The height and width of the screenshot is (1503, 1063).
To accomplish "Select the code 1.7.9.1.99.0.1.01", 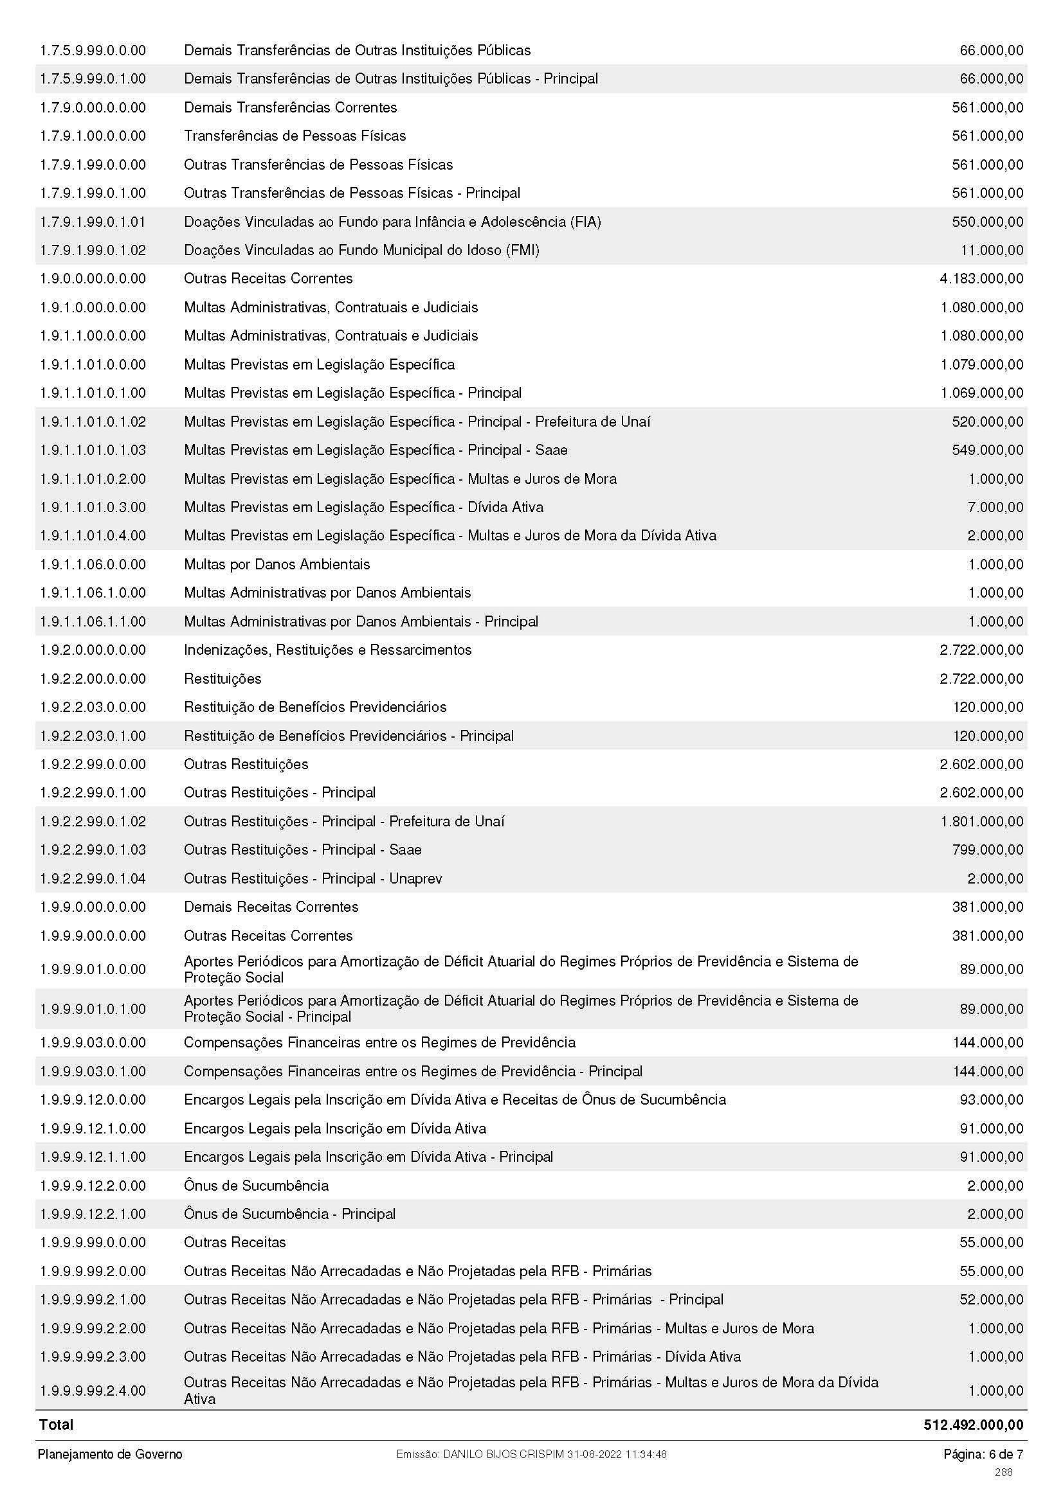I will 93,222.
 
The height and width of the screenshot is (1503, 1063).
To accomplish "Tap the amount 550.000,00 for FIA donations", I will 987,222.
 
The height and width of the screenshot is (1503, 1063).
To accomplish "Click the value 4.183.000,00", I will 981,279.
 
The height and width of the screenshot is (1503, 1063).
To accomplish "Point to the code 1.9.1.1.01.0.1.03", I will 93,450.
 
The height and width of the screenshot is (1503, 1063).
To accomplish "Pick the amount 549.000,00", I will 987,450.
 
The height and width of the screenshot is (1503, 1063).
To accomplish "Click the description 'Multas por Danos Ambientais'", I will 277,564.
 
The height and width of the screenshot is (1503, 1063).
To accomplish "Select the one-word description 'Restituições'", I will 222,679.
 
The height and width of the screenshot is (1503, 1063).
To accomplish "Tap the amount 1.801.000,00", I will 981,822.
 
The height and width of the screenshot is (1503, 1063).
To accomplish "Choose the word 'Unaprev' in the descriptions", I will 415,878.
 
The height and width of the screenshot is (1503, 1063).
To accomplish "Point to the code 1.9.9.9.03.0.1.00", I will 93,1072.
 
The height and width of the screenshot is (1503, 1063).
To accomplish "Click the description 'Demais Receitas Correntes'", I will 271,907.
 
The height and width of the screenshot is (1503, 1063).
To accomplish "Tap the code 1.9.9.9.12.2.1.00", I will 93,1214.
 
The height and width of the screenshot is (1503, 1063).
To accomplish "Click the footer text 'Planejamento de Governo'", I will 110,1455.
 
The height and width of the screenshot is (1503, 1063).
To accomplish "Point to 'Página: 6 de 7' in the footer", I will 983,1455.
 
